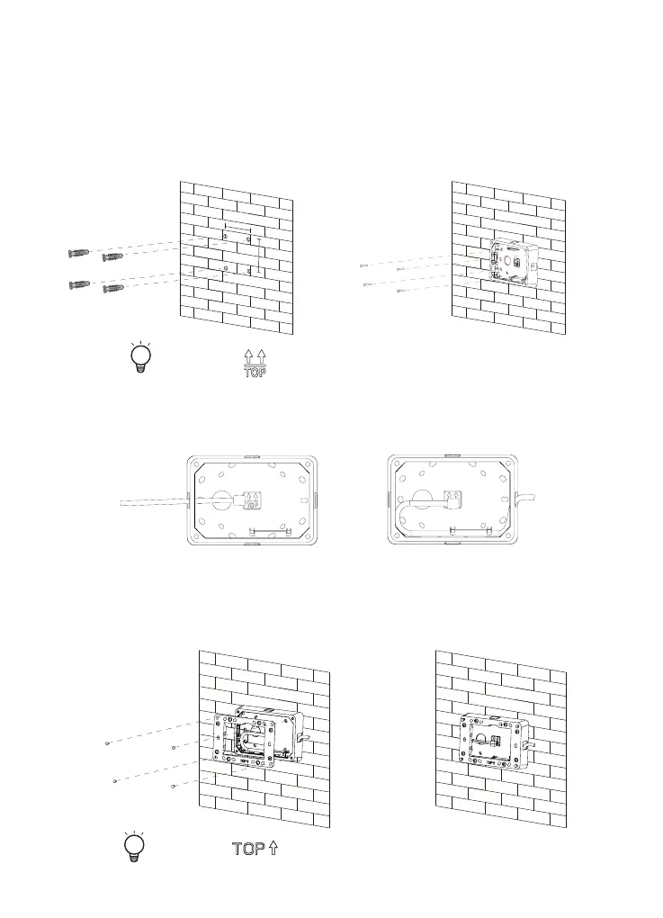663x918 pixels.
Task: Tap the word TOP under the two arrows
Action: tap(255, 373)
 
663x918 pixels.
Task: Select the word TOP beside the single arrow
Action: tap(247, 849)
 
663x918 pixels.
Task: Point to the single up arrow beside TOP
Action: tap(271, 848)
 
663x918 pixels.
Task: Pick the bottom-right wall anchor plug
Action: tap(116, 289)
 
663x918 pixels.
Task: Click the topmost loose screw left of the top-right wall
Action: tap(364, 265)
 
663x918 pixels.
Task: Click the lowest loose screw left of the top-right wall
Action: tap(401, 292)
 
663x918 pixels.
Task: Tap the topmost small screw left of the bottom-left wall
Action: tap(108, 743)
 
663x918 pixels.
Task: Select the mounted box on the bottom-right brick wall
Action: tap(494, 740)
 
